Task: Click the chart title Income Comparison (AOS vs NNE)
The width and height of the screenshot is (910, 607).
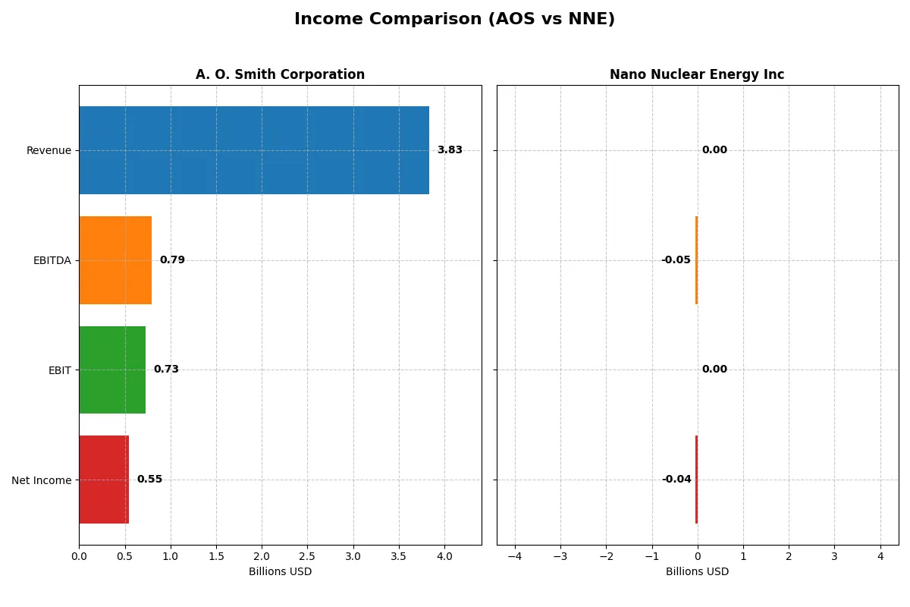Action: [454, 20]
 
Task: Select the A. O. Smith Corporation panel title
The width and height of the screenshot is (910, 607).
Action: [280, 74]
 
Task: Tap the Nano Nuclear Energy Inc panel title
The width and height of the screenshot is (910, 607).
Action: [697, 74]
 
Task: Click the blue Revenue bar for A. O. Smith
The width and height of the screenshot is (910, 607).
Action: [254, 150]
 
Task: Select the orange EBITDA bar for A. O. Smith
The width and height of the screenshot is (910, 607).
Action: [115, 260]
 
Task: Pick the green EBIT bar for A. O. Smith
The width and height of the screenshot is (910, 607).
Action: [112, 370]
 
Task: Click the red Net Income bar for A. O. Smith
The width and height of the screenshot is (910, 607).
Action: [104, 480]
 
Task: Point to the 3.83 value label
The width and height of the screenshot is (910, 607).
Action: [450, 150]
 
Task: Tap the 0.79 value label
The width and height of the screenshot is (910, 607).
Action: [172, 260]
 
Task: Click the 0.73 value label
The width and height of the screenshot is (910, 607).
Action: [166, 370]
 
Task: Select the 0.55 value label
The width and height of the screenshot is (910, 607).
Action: [149, 480]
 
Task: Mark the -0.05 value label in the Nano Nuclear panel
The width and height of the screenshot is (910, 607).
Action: [676, 260]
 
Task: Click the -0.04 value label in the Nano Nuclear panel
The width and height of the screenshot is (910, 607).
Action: [676, 480]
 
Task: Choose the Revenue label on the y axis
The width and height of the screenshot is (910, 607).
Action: [49, 150]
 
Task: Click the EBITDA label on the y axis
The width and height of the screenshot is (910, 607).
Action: [52, 260]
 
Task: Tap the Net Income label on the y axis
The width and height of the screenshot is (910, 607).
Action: [42, 480]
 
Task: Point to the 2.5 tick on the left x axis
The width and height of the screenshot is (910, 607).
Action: [307, 556]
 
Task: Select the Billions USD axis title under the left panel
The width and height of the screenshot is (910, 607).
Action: [280, 571]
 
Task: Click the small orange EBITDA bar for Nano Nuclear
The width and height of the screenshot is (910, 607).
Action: [696, 260]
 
